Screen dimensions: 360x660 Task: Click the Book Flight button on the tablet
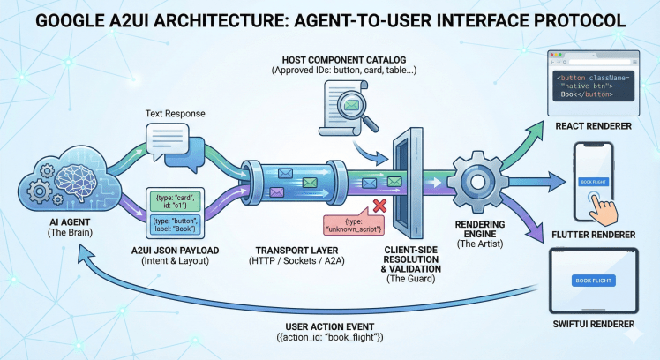(595, 281)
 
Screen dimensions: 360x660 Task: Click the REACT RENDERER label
(594, 127)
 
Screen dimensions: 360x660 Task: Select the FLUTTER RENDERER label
(594, 235)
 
